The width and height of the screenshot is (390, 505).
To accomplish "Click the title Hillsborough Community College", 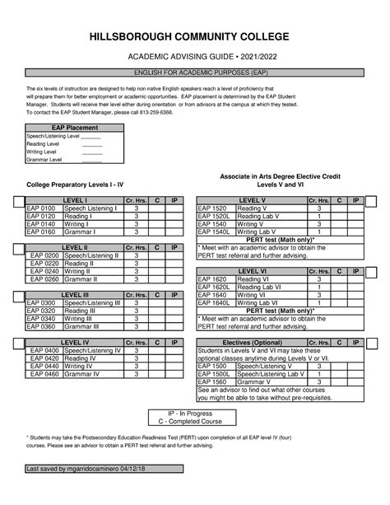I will [195, 38].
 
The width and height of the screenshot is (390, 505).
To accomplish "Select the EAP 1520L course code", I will [214, 217].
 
